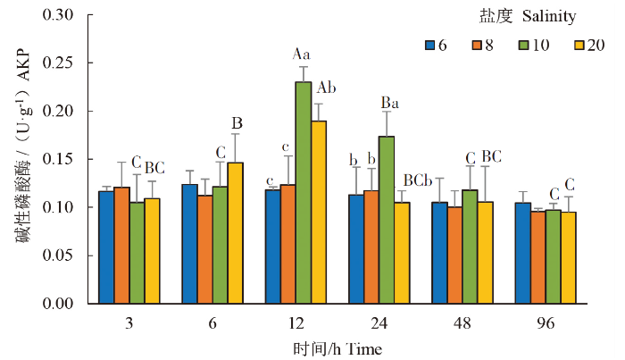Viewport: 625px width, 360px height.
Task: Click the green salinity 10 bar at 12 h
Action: click(303, 192)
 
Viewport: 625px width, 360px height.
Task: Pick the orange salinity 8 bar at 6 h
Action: click(205, 249)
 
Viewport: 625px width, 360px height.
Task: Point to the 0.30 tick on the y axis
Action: click(61, 15)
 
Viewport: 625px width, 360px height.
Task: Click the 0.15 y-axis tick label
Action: click(61, 160)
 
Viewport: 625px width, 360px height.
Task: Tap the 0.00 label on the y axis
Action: click(61, 304)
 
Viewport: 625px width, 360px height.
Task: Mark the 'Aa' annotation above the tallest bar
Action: click(302, 54)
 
